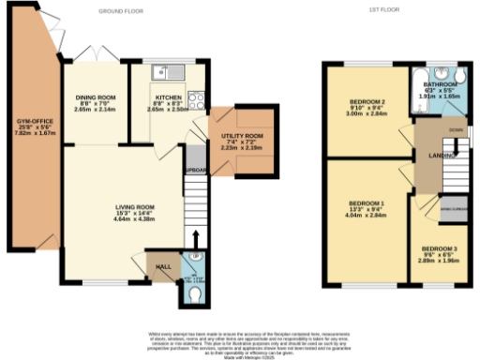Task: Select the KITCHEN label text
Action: (x=169, y=97)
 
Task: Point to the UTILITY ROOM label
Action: (x=242, y=138)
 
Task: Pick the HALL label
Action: (x=160, y=267)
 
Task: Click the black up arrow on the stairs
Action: (x=195, y=236)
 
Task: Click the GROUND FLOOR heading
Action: (x=122, y=12)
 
